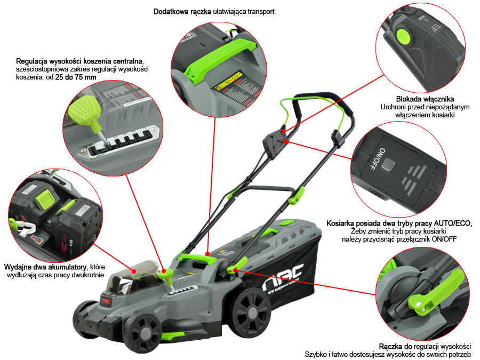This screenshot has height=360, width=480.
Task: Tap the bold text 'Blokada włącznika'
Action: (x=424, y=99)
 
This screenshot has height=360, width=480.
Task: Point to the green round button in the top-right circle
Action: (x=404, y=36)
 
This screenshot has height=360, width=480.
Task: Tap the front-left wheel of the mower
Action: (x=142, y=331)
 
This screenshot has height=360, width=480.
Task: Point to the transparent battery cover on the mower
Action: (x=135, y=270)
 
